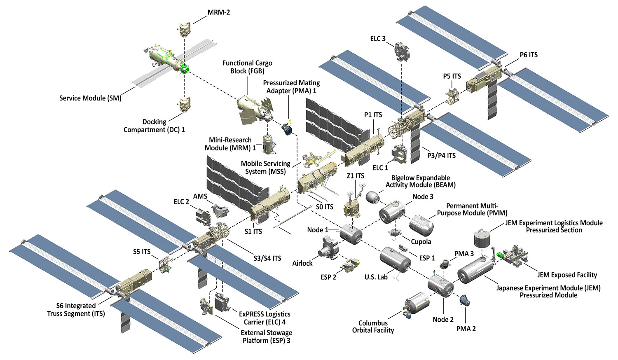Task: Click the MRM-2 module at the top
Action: (x=185, y=29)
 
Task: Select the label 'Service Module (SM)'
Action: (x=90, y=98)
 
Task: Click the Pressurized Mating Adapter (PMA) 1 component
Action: (x=288, y=129)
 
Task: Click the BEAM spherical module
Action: (x=373, y=197)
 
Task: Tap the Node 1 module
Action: (x=351, y=234)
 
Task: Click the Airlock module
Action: (x=329, y=249)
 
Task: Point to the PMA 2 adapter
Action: (x=464, y=301)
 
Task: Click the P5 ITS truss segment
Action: (x=452, y=95)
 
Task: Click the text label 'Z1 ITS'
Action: (x=355, y=176)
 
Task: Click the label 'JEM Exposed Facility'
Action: (x=567, y=275)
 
